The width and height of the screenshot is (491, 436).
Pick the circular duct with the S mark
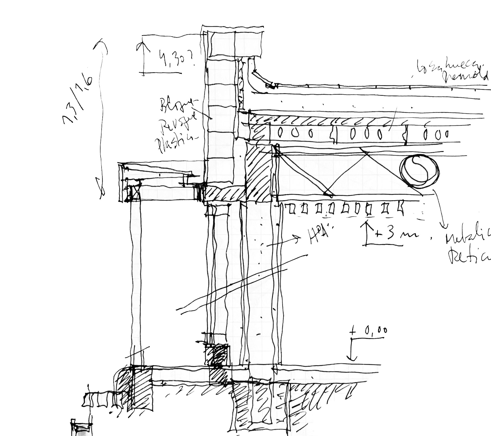pyautogui.click(x=419, y=171)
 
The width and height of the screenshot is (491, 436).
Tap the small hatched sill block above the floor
pyautogui.click(x=217, y=355)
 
